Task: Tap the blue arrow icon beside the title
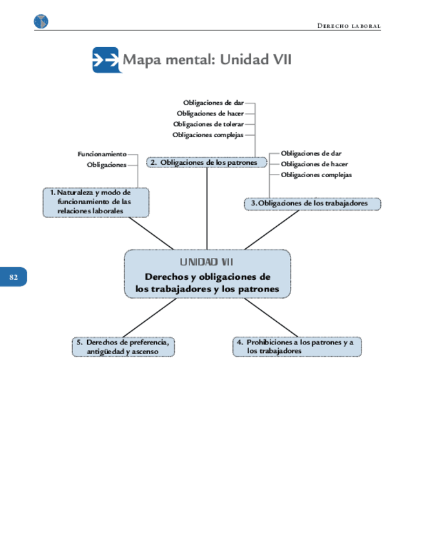pyautogui.click(x=105, y=60)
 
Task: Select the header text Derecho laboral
pyautogui.click(x=349, y=26)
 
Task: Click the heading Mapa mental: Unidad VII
pyautogui.click(x=207, y=60)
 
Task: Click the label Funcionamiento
pyautogui.click(x=102, y=154)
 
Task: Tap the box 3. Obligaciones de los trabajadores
pyautogui.click(x=313, y=204)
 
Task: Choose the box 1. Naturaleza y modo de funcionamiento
pyautogui.click(x=96, y=202)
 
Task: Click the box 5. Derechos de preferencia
pyautogui.click(x=124, y=346)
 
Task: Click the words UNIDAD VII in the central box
pyautogui.click(x=207, y=262)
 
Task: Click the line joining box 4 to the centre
pyautogui.click(x=265, y=318)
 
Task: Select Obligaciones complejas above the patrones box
pyautogui.click(x=208, y=134)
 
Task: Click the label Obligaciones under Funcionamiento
pyautogui.click(x=107, y=165)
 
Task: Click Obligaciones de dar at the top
pyautogui.click(x=213, y=102)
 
